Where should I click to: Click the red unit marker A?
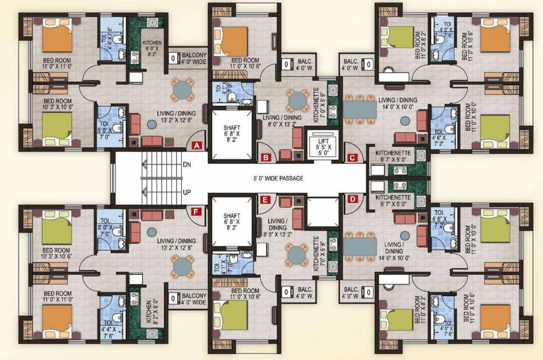[x=197, y=145]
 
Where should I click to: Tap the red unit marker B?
[x=266, y=157]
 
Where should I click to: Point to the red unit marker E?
[x=266, y=200]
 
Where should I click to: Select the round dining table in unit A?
[x=182, y=89]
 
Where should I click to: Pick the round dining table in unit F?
[x=182, y=267]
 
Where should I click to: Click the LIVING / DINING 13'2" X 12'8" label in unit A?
[x=176, y=116]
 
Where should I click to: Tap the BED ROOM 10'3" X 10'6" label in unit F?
[x=56, y=254]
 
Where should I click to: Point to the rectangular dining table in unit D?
[x=360, y=246]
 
